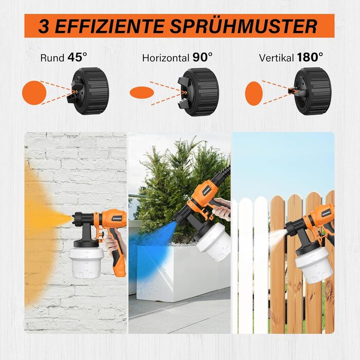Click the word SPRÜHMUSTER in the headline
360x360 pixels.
243,26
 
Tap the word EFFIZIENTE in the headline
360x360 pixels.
109,26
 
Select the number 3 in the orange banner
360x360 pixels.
44,26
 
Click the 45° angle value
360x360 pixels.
77,57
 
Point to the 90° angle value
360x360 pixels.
202,57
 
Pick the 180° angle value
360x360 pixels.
310,57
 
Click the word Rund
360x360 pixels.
52,58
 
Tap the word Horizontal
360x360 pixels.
166,58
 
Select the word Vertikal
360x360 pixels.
277,58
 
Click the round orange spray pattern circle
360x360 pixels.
34,93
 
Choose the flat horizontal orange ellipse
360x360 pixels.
141,93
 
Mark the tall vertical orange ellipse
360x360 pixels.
254,94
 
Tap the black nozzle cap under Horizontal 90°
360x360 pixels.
198,92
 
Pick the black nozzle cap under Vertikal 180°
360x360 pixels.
310,91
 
